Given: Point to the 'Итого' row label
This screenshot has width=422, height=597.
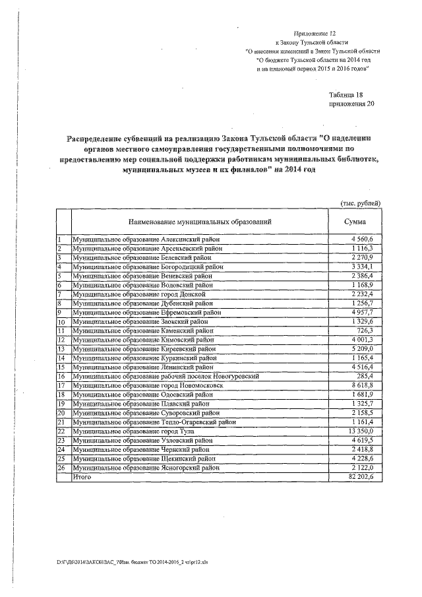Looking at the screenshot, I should tap(82, 476).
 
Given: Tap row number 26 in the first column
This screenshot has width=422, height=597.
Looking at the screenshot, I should tap(62, 466).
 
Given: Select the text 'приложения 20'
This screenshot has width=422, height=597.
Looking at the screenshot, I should tap(350, 104).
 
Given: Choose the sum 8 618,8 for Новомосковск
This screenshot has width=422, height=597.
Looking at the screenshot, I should tap(361, 385).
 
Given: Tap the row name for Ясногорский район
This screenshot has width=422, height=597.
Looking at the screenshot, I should tap(146, 466).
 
